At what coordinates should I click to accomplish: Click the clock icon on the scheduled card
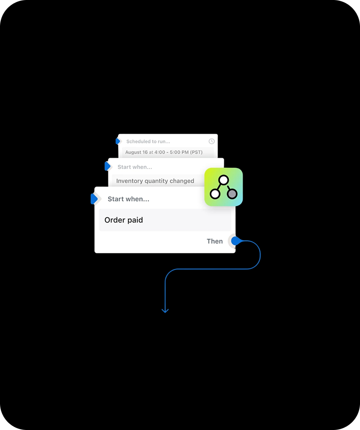[x=211, y=141]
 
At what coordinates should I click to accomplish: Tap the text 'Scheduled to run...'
[x=148, y=142]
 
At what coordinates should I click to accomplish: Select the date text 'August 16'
[x=136, y=152]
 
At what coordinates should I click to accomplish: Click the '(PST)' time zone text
[x=196, y=152]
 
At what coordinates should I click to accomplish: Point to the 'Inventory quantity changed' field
[x=158, y=181]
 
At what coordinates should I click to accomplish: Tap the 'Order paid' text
[x=124, y=220]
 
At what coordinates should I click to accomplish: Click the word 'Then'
[x=214, y=241]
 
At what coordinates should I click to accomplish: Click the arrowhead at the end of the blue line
[x=165, y=311]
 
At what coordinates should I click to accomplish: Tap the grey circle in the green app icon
[x=232, y=194]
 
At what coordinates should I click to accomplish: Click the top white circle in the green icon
[x=224, y=180]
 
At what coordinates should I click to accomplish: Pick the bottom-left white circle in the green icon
[x=215, y=194]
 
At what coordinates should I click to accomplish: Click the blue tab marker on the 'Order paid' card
[x=94, y=199]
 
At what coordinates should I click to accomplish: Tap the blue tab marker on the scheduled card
[x=118, y=141]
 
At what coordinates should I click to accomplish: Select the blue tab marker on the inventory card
[x=107, y=166]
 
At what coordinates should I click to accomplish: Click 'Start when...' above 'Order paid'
[x=129, y=199]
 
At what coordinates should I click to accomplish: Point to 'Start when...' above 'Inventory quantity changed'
[x=135, y=167]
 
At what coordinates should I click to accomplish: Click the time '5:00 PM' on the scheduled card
[x=179, y=152]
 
